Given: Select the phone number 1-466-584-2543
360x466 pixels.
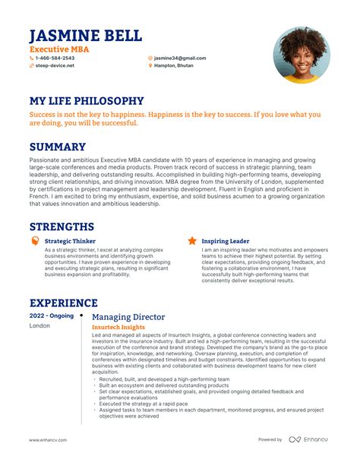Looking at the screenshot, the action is coord(55,58).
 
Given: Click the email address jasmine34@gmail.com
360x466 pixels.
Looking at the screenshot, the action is coord(179,58).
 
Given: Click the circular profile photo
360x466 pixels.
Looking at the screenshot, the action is coord(302,55).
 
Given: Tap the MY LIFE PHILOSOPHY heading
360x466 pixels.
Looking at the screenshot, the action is coord(87,101).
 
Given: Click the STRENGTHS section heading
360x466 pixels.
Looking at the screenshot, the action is coord(62,227).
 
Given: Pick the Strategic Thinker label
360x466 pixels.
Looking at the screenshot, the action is coord(70,241).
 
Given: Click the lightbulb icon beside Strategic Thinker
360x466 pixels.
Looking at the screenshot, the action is coord(35,241).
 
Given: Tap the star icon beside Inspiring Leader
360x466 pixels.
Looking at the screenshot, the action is coord(192,241).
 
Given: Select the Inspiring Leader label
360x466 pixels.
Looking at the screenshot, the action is coord(226,241).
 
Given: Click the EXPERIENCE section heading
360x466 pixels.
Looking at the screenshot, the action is coord(64,303).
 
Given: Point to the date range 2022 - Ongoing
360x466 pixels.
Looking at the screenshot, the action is coord(52,315).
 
